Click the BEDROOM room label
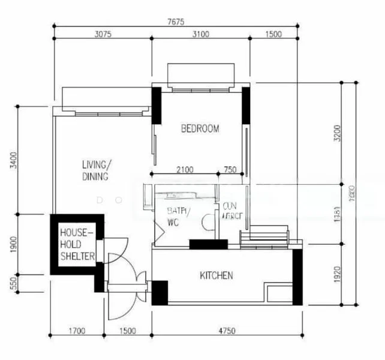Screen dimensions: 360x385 200,128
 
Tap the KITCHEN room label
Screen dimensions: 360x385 216,275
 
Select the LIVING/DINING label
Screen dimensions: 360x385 96,170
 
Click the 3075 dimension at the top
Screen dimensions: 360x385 103,34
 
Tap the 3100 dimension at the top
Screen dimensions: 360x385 200,34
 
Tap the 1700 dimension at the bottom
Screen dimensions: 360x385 77,331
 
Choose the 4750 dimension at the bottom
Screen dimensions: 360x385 227,331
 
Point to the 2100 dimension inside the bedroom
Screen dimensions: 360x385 185,170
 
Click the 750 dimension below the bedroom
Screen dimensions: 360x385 230,170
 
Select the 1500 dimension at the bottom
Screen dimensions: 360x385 128,331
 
